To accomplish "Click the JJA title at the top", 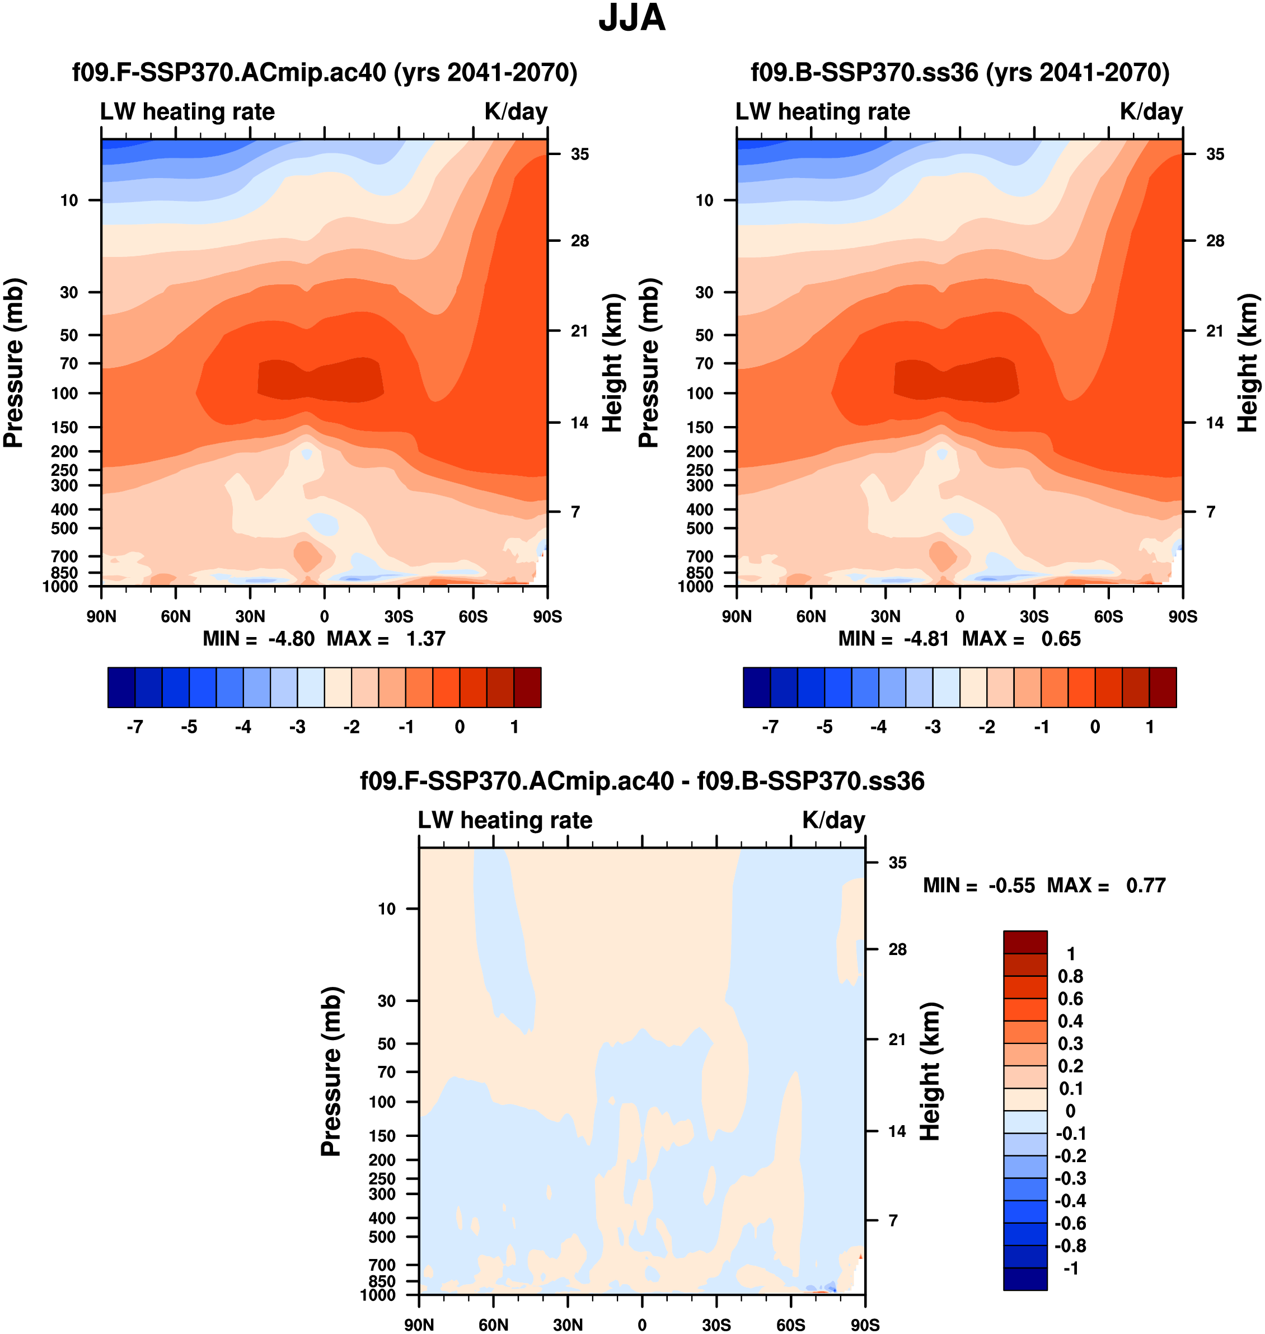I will (632, 18).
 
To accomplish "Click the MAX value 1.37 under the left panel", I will (425, 639).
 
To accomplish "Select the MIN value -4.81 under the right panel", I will (926, 639).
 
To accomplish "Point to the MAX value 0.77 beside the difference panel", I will (1146, 885).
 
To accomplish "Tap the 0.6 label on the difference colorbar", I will (1070, 999).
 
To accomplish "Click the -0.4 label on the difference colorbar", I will (1070, 1200).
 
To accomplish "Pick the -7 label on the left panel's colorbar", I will (135, 727).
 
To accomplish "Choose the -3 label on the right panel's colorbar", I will (932, 727).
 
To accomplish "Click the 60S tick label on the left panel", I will (472, 616).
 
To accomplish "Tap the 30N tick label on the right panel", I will (886, 616).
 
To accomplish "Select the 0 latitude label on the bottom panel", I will (642, 1324).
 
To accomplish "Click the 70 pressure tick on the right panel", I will (704, 363).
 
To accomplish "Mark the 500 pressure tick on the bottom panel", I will (382, 1237).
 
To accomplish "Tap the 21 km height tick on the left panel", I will (579, 330).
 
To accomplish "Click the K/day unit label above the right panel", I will (1151, 111).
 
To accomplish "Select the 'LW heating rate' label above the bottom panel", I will (505, 820).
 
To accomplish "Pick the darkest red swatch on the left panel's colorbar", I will (527, 687).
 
